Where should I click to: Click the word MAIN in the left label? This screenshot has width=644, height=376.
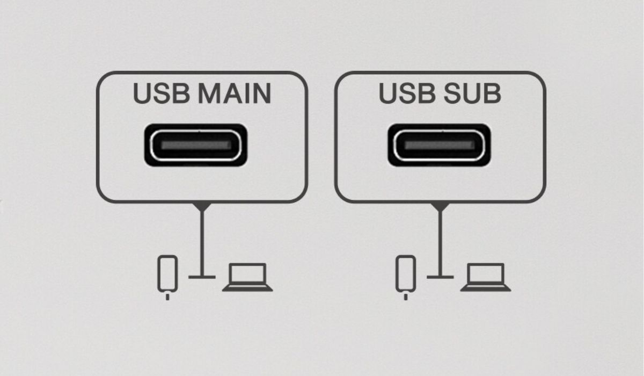point(235,93)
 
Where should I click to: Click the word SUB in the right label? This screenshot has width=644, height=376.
point(473,93)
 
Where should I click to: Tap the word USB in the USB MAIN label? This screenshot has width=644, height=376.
point(162,93)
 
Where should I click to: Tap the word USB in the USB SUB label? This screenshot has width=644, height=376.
point(407,93)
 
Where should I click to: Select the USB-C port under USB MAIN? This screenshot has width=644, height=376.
point(195,145)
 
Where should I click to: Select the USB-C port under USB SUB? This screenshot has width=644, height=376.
point(439,145)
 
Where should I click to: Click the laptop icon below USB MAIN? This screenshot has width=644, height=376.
point(247,277)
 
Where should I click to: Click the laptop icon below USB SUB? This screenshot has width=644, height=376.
point(485,277)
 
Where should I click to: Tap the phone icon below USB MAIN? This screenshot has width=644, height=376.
point(167,274)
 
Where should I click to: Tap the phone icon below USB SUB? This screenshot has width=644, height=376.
point(406,274)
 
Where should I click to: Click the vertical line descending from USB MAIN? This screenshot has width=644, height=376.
point(202,243)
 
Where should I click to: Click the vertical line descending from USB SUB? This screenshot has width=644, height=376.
point(440,243)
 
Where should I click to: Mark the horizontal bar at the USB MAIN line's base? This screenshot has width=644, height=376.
point(202,277)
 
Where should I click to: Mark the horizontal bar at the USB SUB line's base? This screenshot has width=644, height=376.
point(440,277)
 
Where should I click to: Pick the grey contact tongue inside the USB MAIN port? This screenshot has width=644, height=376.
point(196,145)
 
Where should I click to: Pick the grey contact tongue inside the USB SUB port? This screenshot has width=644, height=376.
point(440,145)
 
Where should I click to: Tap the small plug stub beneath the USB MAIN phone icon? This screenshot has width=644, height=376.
point(167,297)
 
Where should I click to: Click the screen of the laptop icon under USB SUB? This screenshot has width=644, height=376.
point(485,273)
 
